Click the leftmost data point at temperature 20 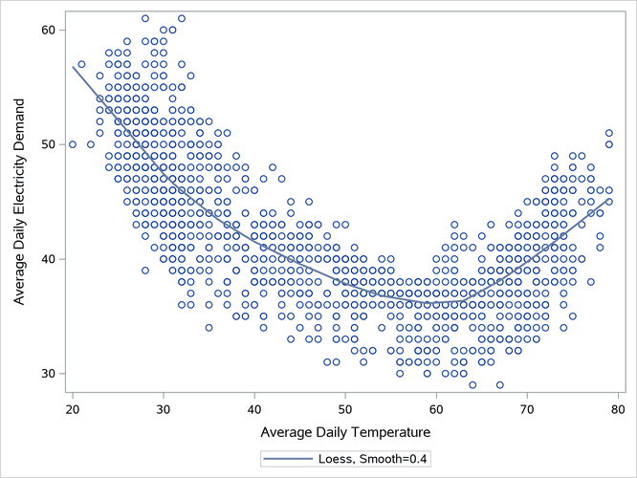(x=73, y=144)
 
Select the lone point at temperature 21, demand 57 (x=81, y=64)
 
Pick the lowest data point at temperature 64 (x=472, y=385)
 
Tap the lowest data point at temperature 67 (x=499, y=385)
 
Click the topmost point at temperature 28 (x=145, y=18)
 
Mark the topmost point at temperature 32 (x=182, y=18)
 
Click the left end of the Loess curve (x=74, y=67)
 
